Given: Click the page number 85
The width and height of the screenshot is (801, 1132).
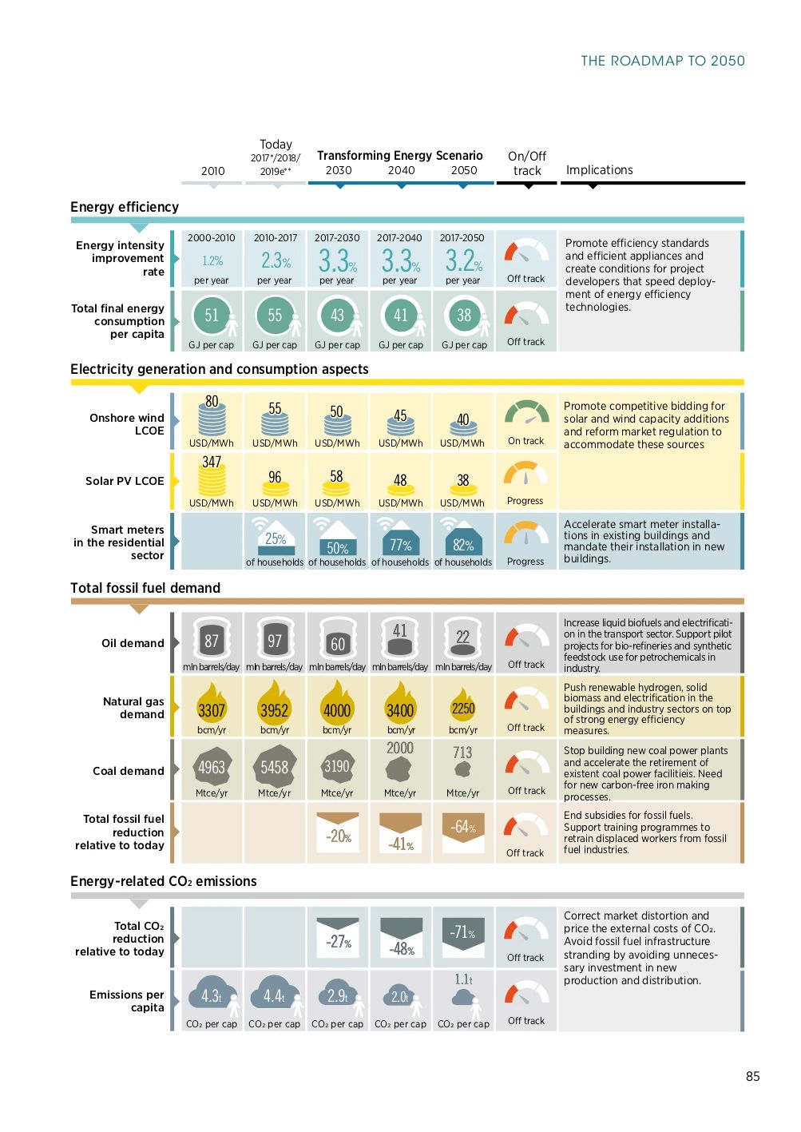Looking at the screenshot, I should coord(752,1076).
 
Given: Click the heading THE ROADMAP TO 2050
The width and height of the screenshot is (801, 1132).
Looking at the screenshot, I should coord(662,61).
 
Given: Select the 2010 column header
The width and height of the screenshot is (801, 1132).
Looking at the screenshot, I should coord(212,171).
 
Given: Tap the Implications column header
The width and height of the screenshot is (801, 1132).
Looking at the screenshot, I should coord(599,170).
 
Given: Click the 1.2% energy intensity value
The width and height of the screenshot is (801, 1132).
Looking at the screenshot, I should coord(212,261).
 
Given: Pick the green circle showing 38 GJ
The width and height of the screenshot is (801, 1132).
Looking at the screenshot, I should coord(464,316).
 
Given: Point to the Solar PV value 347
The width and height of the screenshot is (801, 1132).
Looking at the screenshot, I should coord(212,463).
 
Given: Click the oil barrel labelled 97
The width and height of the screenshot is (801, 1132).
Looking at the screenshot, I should coord(275,640).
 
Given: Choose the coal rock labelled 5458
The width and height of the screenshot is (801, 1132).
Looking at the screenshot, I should coord(275,767).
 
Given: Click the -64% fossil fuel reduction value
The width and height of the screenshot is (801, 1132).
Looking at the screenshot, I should coord(463,827).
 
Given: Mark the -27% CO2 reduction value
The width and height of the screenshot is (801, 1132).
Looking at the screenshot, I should coord(339,942).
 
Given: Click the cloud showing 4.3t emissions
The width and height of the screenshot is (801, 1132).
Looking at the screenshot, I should coord(211,995).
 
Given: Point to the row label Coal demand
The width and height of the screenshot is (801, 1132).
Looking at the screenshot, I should coord(128,771).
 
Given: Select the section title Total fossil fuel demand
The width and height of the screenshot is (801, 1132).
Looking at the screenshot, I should coord(145,588).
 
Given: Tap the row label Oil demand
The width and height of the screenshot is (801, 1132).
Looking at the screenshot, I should coord(133,643).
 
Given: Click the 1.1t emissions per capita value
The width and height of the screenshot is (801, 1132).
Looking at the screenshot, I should coord(463,979).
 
